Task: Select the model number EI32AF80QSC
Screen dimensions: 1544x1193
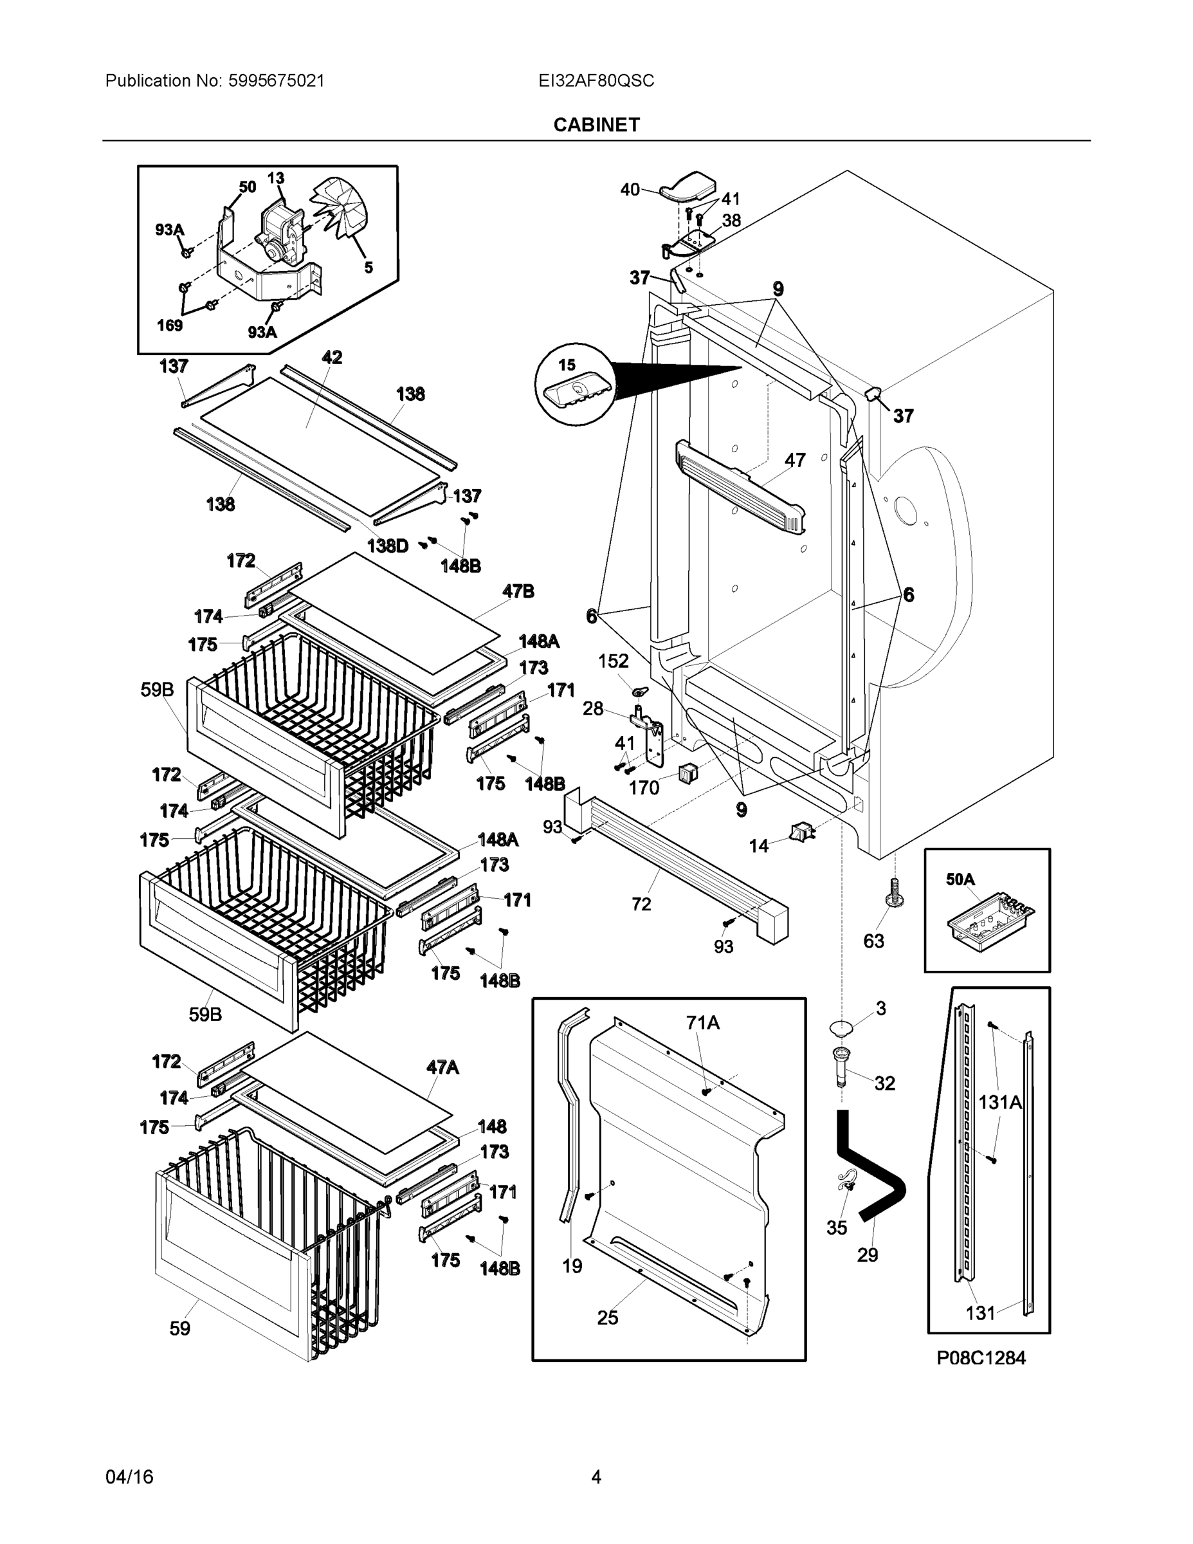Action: pyautogui.click(x=596, y=80)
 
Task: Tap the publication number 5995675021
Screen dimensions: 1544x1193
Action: pyautogui.click(x=276, y=80)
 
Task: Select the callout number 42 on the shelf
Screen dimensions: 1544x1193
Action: pyautogui.click(x=331, y=358)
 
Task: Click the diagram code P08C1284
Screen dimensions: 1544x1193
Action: pyautogui.click(x=981, y=1357)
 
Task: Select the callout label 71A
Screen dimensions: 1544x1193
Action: pyautogui.click(x=702, y=1023)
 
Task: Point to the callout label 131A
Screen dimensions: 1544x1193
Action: pyautogui.click(x=1000, y=1101)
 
